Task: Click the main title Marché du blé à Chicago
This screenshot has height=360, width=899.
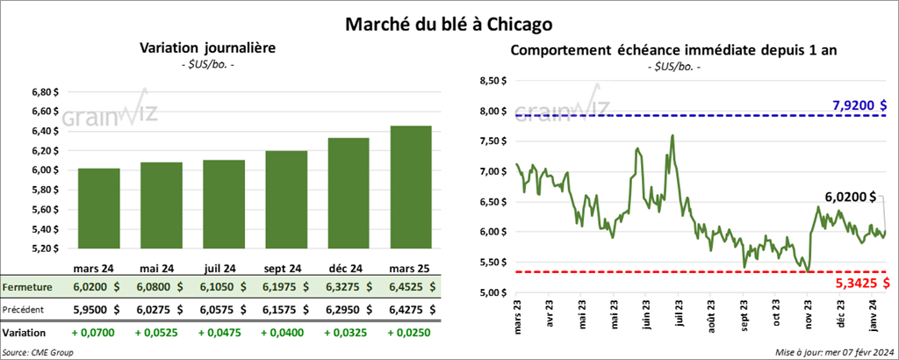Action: [449, 18]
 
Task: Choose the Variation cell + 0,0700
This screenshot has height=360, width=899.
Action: [98, 334]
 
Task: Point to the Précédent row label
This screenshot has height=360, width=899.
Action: [25, 309]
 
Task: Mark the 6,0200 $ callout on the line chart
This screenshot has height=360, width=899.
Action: [851, 197]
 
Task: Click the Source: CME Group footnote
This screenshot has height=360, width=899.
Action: [38, 352]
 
